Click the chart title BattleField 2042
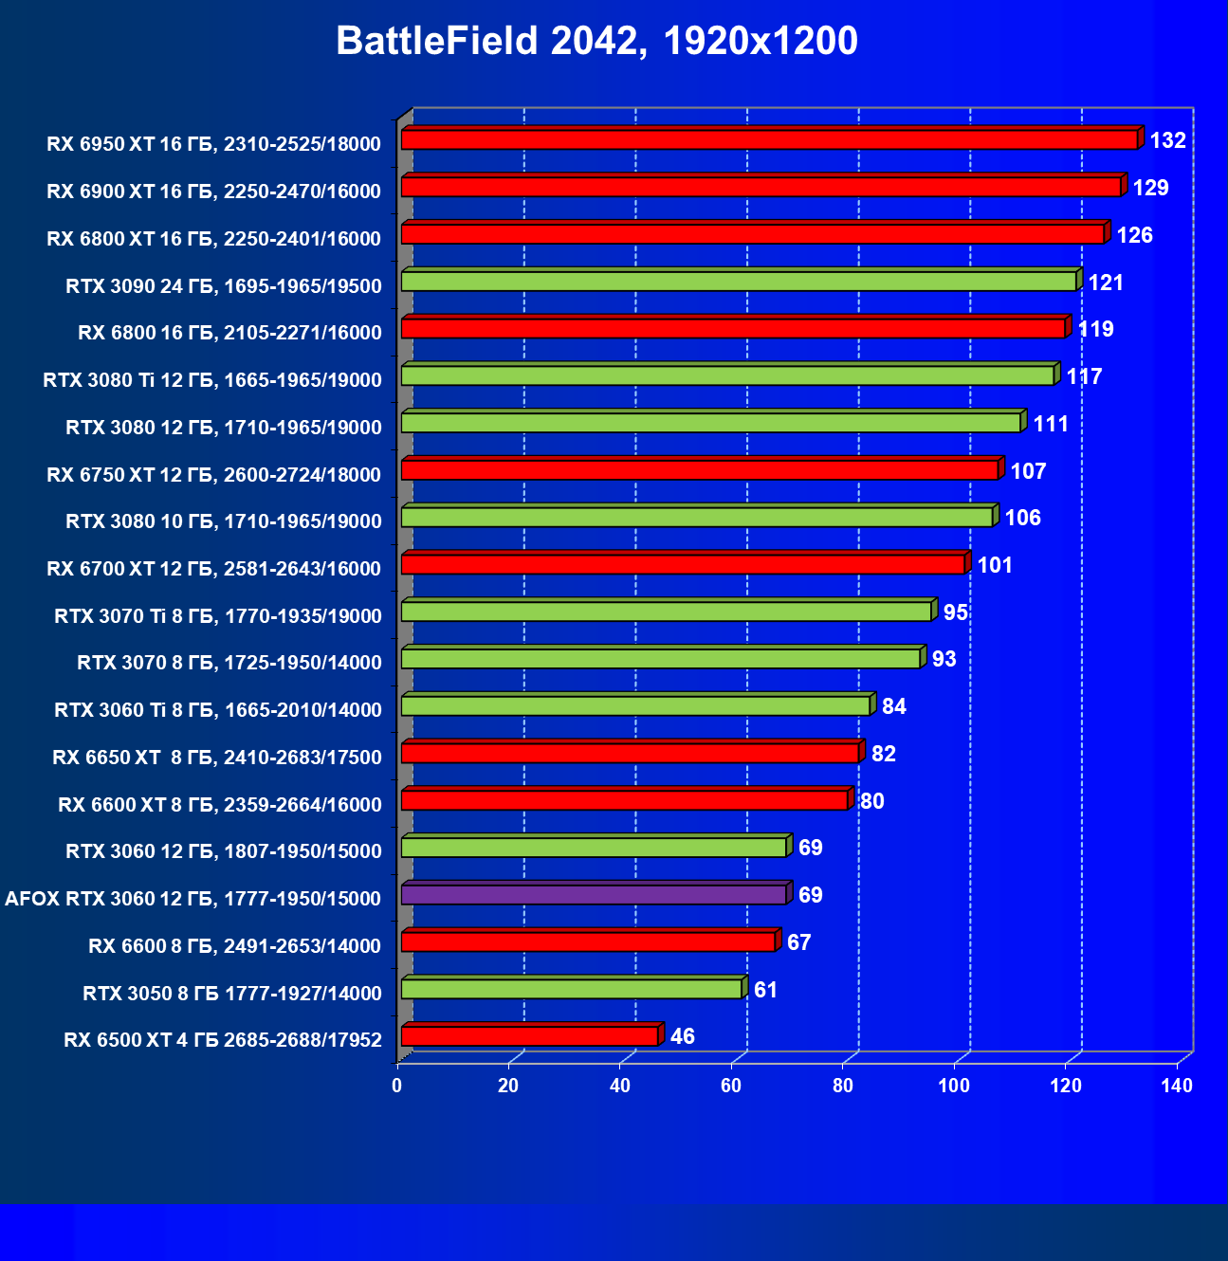(596, 42)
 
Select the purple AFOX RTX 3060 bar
(594, 894)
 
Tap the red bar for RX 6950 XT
(769, 139)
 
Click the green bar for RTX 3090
(739, 281)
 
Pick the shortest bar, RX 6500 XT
(529, 1035)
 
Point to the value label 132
(1167, 141)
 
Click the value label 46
(682, 1036)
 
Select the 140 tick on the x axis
(1177, 1086)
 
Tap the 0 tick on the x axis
(397, 1086)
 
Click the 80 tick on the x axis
(843, 1086)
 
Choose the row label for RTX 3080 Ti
(212, 380)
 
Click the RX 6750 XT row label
(213, 475)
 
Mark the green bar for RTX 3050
(571, 989)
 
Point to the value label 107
(1028, 471)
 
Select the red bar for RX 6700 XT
(683, 564)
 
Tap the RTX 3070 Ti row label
(218, 616)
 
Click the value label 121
(1105, 283)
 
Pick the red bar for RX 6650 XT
(630, 753)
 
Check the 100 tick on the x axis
(954, 1086)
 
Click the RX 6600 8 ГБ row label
(234, 946)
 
